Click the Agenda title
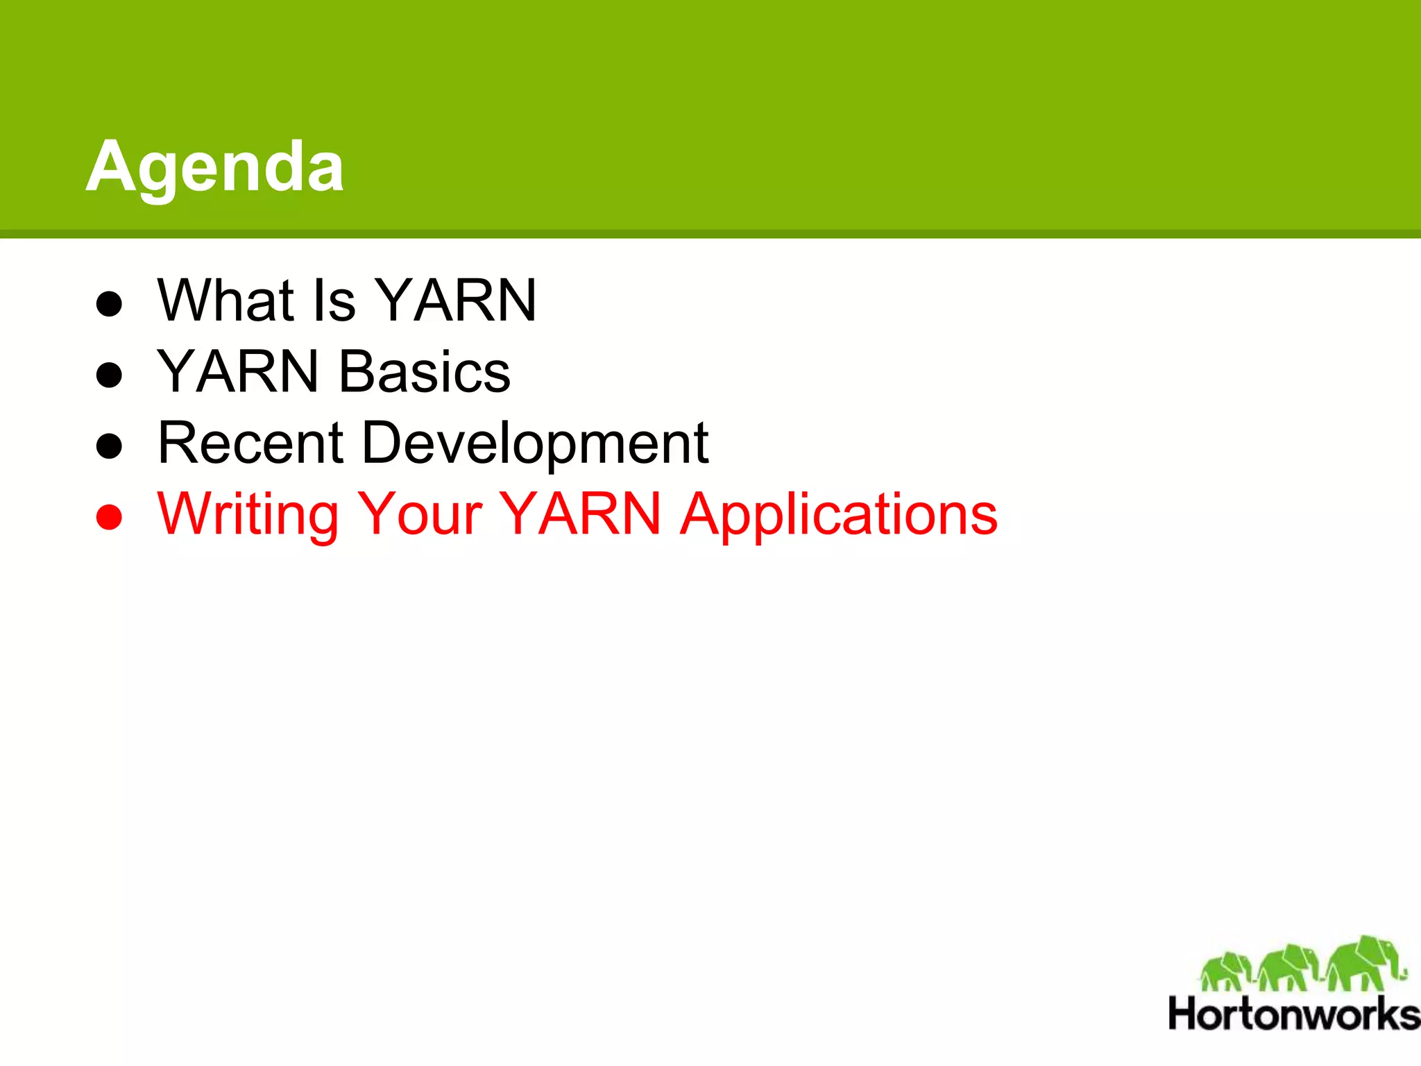(x=214, y=167)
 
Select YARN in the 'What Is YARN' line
(x=456, y=301)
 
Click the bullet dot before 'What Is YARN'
(x=109, y=303)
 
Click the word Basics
(x=425, y=372)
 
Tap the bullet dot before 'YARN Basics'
(x=109, y=375)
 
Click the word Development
(x=535, y=444)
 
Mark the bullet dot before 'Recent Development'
(x=109, y=446)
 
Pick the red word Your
(x=419, y=514)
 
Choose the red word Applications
(x=838, y=516)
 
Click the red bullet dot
(x=109, y=517)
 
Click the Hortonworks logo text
(x=1293, y=1015)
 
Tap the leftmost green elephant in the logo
(x=1226, y=971)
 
